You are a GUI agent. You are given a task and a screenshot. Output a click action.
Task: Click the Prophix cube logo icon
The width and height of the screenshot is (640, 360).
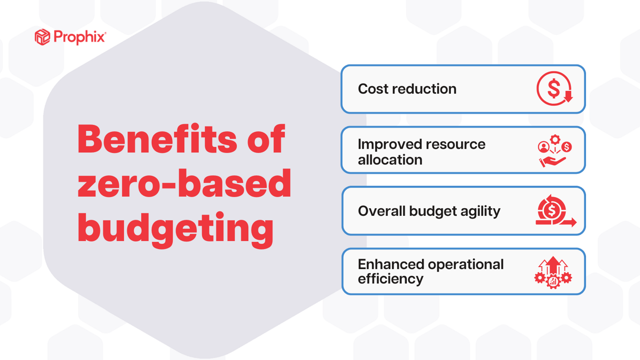tap(42, 37)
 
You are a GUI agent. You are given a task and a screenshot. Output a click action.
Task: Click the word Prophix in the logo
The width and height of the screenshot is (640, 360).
tap(80, 37)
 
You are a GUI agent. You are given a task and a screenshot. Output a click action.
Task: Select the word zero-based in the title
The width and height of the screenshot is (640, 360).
tap(184, 183)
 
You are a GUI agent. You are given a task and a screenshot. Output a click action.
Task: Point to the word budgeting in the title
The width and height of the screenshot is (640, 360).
tap(175, 227)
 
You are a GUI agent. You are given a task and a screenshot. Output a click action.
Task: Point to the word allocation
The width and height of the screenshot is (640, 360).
tap(390, 160)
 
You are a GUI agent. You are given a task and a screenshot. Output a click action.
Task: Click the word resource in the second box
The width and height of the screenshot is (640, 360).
tap(459, 144)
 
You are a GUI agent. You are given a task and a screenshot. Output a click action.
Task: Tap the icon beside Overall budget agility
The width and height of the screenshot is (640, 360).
tap(555, 211)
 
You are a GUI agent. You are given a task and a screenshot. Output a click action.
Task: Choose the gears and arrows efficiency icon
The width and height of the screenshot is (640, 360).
tap(553, 272)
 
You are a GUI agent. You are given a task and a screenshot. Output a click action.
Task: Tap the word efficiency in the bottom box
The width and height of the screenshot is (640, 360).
tap(390, 279)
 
